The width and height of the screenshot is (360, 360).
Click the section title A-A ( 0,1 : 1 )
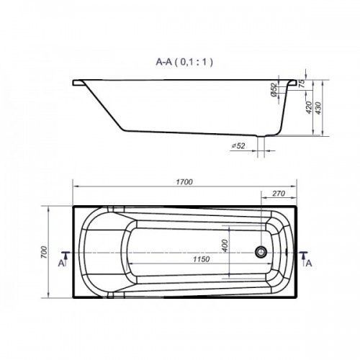coord(184,62)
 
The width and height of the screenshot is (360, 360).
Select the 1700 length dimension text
coord(184,182)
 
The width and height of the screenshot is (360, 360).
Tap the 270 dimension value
coord(279,194)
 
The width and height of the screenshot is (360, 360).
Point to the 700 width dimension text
coord(44,252)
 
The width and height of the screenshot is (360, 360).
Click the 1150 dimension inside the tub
coord(202,259)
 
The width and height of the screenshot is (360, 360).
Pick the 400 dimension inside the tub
coord(225,246)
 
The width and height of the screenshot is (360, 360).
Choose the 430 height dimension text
coord(318,108)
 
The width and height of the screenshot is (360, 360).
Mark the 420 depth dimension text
coord(309,107)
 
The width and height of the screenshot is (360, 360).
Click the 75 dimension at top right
coord(302,83)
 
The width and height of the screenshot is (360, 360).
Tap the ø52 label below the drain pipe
coord(238,145)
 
